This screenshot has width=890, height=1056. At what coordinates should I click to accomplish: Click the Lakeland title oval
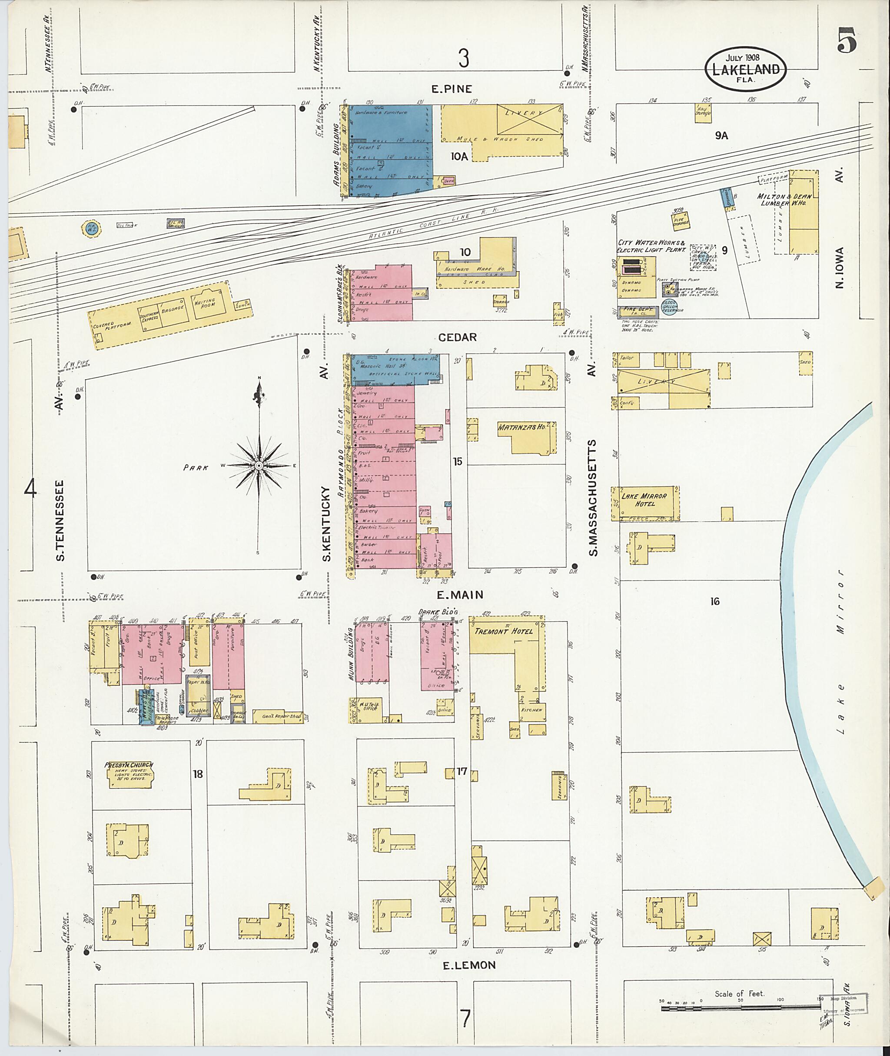click(x=745, y=69)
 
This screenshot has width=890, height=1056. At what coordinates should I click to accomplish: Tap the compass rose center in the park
click(x=258, y=465)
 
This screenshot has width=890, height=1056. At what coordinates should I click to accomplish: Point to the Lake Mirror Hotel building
click(x=644, y=503)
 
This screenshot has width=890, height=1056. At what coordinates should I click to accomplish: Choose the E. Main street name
click(x=460, y=595)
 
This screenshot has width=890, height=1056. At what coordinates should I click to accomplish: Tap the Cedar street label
click(x=457, y=337)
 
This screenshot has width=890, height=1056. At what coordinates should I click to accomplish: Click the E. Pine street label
click(x=452, y=89)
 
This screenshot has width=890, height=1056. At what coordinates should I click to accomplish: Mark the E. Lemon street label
click(x=469, y=965)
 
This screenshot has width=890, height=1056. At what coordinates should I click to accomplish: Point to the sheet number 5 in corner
click(x=847, y=41)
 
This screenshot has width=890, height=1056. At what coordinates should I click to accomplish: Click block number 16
click(x=714, y=601)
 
